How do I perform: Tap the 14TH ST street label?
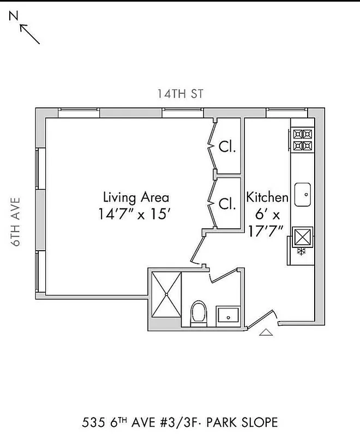point(180,94)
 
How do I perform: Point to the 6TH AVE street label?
point(16,221)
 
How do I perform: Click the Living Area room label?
point(136,197)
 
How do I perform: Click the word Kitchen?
point(267,197)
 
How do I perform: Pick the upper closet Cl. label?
point(227,147)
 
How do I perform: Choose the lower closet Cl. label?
point(227,204)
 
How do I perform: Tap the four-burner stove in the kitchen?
point(302,140)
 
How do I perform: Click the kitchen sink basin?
point(302,195)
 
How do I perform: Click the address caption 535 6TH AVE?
point(136,422)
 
